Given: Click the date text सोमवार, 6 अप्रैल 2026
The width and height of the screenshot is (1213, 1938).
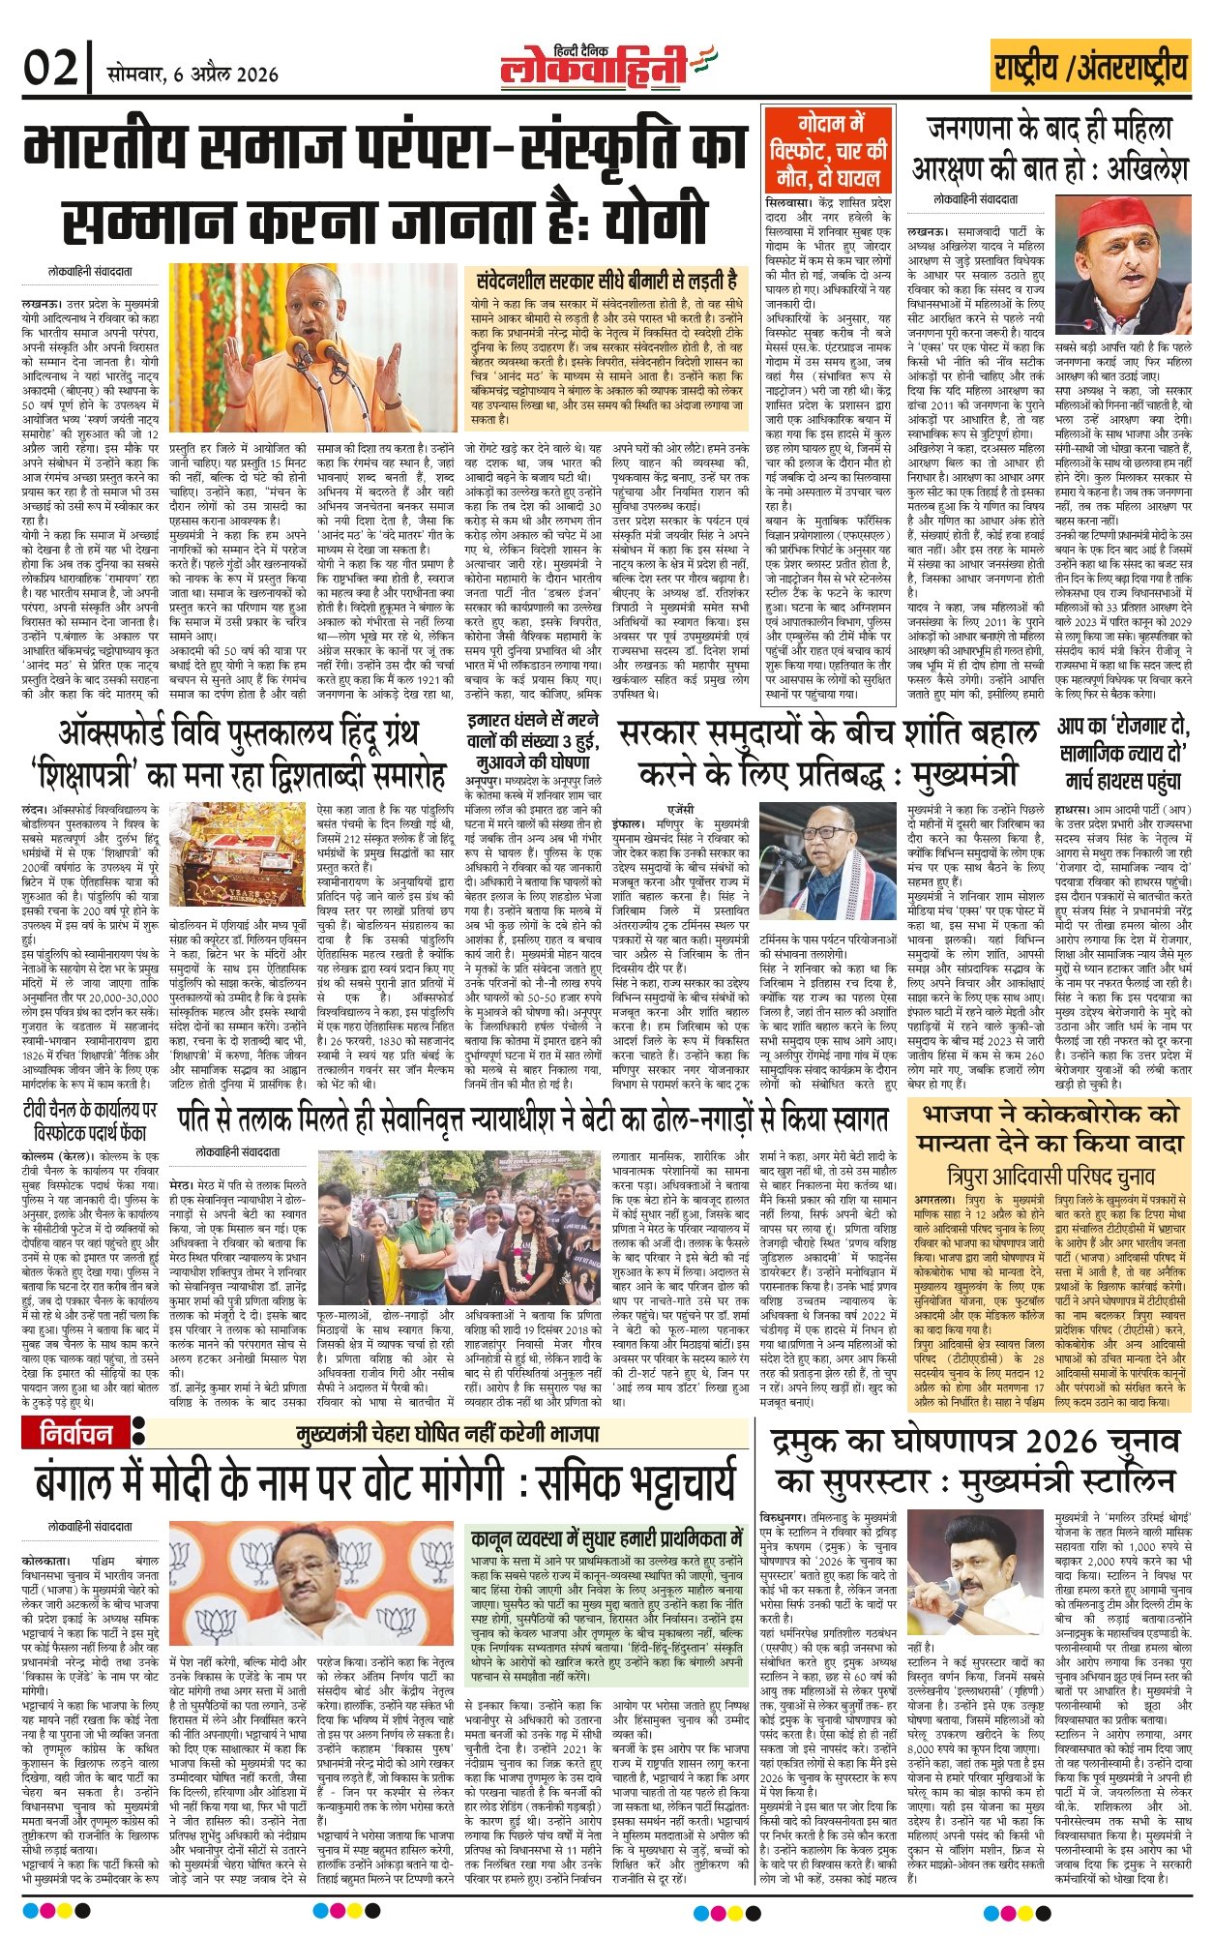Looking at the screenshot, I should click(x=192, y=74).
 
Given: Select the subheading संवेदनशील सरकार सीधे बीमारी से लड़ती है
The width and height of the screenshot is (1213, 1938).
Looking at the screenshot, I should click(x=606, y=281).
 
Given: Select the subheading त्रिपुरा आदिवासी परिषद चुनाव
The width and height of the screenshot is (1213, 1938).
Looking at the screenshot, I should click(x=1050, y=1177).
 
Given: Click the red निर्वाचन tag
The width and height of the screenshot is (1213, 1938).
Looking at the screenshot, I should click(x=76, y=1433).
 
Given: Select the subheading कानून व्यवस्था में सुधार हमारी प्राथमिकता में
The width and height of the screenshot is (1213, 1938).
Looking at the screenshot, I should click(x=606, y=1539).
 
